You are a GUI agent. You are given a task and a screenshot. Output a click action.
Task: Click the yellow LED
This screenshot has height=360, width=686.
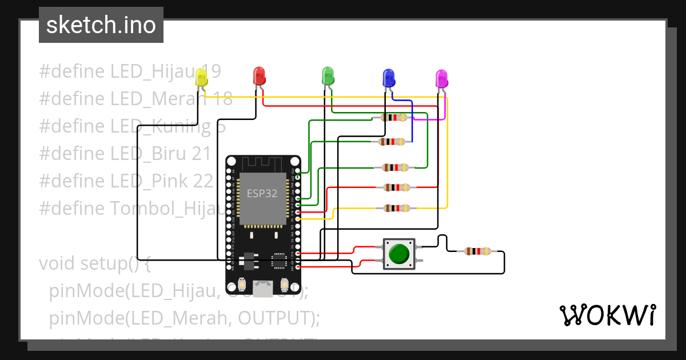click(x=201, y=78)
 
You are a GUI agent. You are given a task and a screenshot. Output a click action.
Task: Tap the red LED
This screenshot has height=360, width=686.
click(x=259, y=76)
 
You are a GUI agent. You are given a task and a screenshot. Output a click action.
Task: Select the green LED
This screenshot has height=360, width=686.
click(x=328, y=76)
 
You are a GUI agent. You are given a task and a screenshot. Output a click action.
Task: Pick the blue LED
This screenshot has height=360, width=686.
click(x=389, y=77)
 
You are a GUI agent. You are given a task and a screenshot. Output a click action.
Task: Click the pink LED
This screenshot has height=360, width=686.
click(x=441, y=78)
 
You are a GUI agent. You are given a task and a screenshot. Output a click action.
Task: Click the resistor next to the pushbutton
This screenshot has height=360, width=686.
click(x=477, y=251)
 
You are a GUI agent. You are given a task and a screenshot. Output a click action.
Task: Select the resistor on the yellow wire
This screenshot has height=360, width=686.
click(x=396, y=209)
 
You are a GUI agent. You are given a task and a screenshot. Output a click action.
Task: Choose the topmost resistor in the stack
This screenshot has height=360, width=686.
click(x=393, y=118)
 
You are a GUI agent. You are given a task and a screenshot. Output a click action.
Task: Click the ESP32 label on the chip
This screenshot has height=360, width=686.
click(x=262, y=193)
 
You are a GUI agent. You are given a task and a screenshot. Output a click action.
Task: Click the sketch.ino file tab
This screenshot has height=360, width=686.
click(x=101, y=25)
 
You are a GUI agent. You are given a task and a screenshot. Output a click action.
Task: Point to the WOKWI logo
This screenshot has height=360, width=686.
click(x=607, y=315)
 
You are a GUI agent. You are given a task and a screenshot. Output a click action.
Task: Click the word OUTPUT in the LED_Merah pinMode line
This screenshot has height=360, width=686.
click(x=271, y=317)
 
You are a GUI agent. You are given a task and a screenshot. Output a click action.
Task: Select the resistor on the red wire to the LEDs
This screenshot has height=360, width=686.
click(x=396, y=187)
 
